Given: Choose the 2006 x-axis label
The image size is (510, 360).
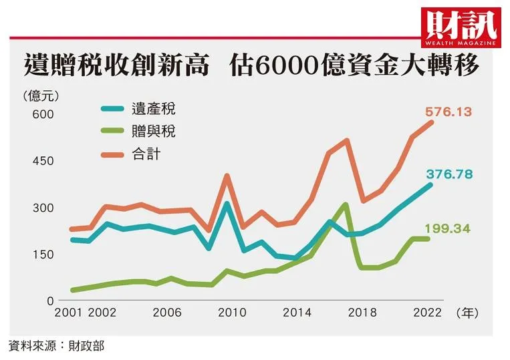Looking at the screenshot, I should [167, 313].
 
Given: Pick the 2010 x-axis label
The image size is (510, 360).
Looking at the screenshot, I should [232, 313].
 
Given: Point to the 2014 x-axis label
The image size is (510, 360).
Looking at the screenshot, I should [297, 313].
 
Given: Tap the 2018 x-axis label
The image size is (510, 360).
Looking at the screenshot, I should [362, 313].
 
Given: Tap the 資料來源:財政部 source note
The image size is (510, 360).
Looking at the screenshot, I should [56, 345].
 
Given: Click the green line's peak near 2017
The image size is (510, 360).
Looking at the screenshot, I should [346, 204].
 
